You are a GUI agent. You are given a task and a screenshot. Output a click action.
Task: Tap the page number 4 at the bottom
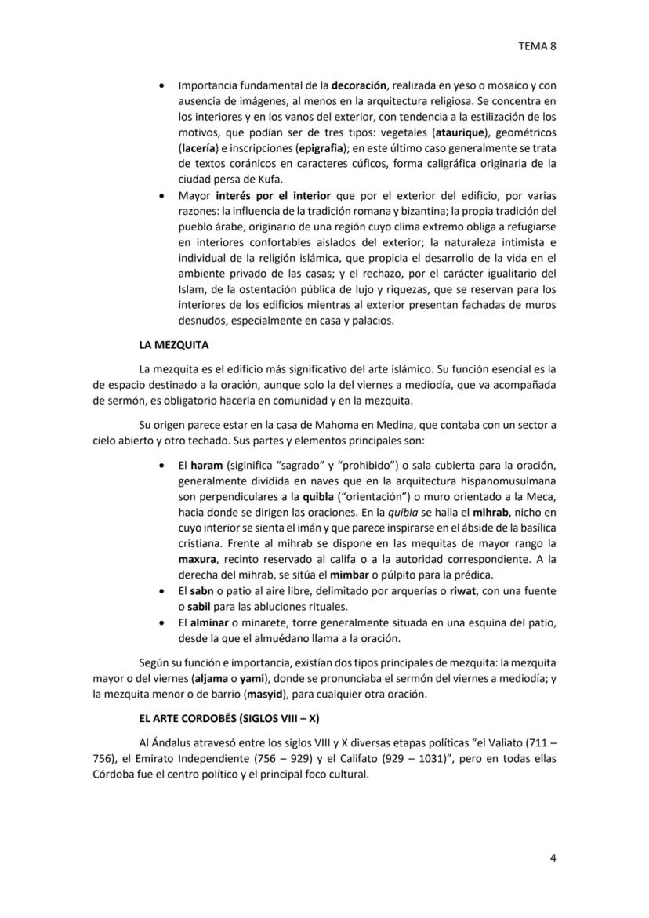click(x=553, y=857)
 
